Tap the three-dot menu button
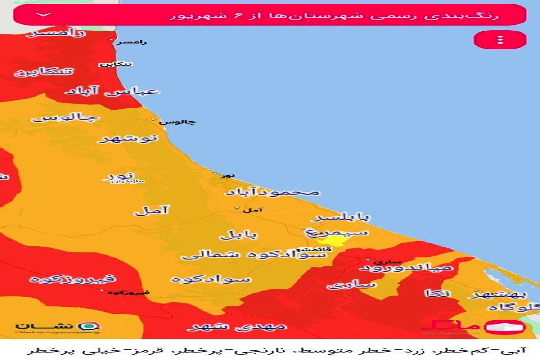[x=500, y=40]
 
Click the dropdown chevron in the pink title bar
[x=45, y=14]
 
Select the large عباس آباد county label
[x=112, y=91]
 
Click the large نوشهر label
[x=129, y=138]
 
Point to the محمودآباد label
[x=272, y=192]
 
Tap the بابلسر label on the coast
[x=342, y=218]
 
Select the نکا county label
[x=437, y=294]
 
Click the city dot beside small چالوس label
[x=153, y=120]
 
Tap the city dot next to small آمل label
[x=237, y=208]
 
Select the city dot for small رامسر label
[x=112, y=40]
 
